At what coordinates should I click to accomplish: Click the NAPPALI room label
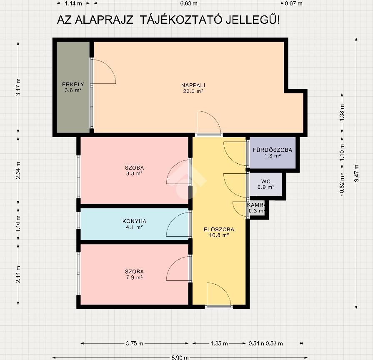pos(193,85)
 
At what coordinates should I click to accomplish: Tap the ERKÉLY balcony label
pos(73,84)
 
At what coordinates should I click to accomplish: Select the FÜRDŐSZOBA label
pos(273,150)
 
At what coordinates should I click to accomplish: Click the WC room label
pos(266,181)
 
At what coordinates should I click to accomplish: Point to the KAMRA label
pos(256,205)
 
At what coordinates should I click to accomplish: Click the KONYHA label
pos(134,221)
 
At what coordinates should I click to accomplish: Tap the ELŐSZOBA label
pos(219,229)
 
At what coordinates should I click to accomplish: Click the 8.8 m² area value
pos(134,174)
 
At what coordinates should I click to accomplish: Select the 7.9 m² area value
pos(134,277)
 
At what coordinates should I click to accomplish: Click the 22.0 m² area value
pos(193,91)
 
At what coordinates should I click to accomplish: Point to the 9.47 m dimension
pos(356,173)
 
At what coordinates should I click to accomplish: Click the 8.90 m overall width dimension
pos(180,357)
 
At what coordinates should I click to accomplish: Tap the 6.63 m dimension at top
pos(189,3)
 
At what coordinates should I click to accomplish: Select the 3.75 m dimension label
pos(135,343)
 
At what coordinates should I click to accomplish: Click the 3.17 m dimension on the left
pos(18,87)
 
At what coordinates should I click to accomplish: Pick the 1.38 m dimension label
pos(342,112)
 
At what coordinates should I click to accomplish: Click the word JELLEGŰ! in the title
pos(253,20)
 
